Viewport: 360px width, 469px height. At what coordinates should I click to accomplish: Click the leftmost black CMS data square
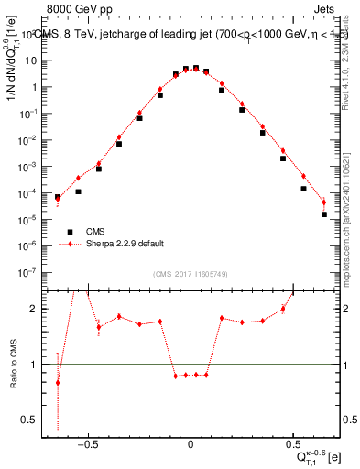[58, 197]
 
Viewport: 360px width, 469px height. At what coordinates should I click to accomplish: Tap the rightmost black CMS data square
[324, 214]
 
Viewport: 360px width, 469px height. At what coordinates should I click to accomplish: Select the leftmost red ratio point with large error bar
[58, 383]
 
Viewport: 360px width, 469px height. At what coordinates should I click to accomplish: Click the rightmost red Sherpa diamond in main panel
[324, 202]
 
